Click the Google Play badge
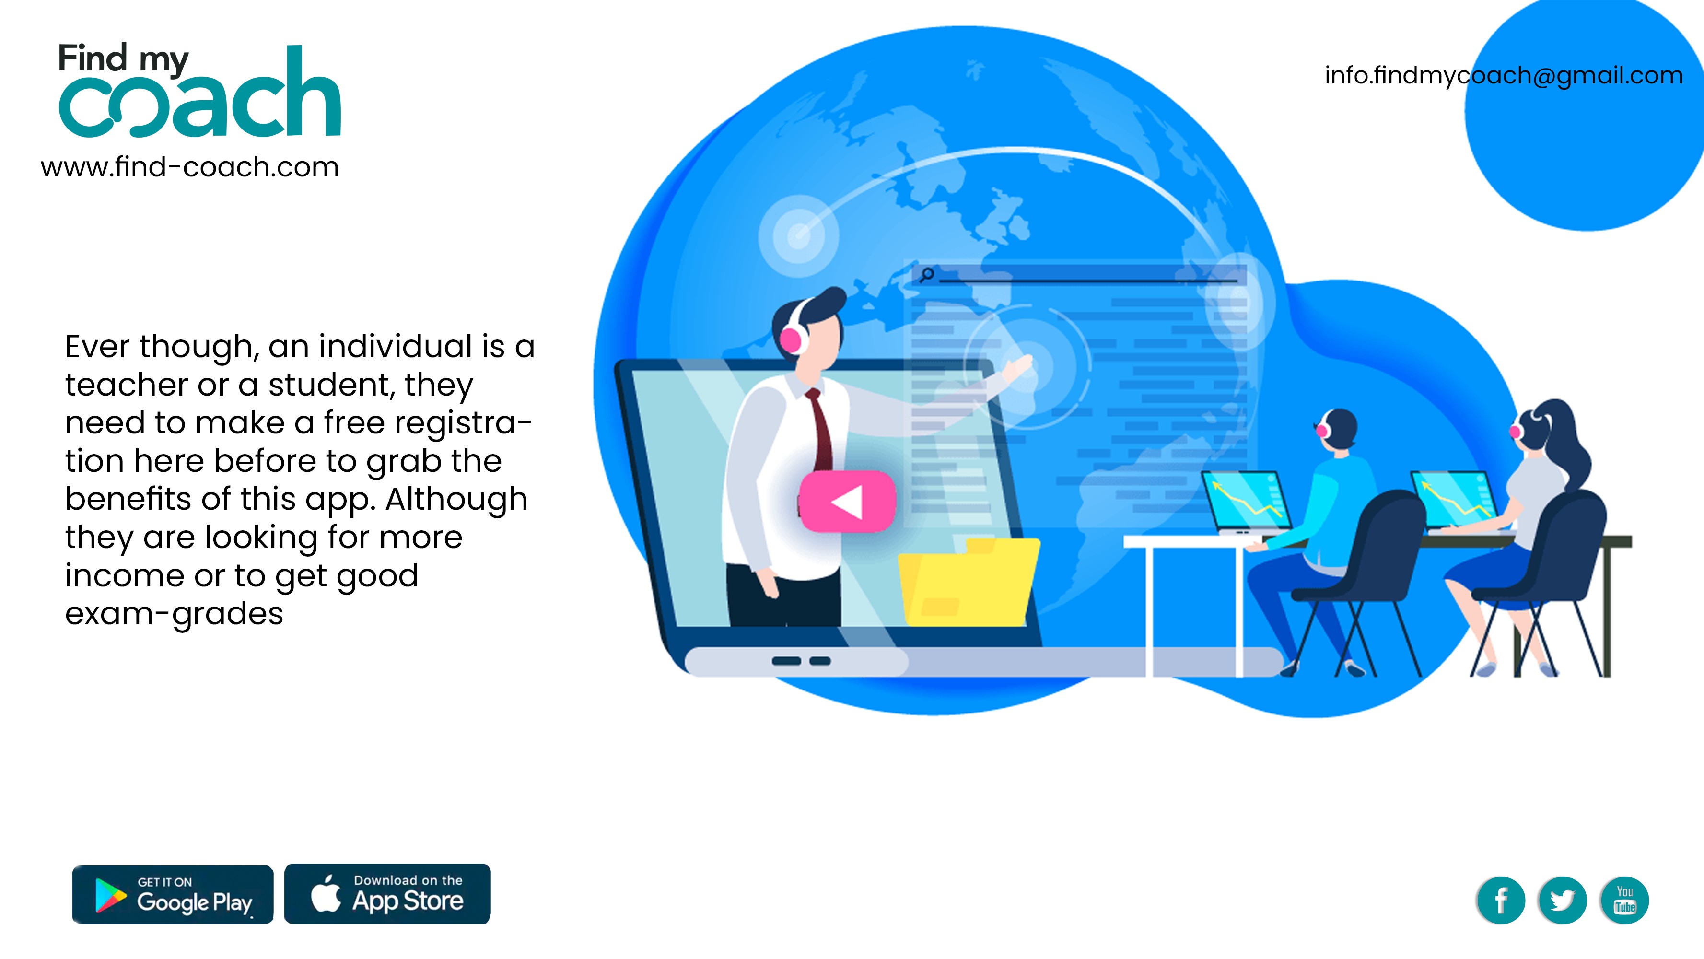(173, 894)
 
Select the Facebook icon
(1500, 900)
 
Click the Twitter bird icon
(1563, 900)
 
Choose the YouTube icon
(1624, 900)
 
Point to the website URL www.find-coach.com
(190, 167)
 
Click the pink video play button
(847, 502)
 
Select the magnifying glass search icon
(927, 274)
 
